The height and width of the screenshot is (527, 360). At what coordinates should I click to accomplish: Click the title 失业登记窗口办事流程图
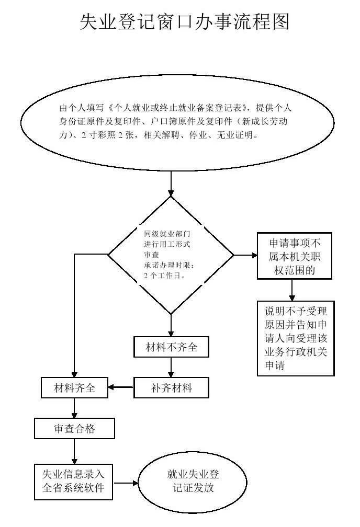pos(184,21)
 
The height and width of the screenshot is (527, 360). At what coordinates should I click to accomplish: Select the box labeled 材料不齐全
pos(171,347)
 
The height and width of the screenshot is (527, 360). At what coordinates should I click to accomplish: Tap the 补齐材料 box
pos(171,388)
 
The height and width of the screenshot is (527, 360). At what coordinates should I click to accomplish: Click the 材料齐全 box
pos(74,388)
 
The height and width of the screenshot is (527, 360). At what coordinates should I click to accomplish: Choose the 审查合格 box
pos(74,429)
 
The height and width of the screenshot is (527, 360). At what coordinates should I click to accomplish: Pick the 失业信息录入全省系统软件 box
pos(73,481)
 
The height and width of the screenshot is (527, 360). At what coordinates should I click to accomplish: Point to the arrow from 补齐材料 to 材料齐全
pos(121,388)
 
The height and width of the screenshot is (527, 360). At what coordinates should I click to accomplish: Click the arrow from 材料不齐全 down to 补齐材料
pos(171,368)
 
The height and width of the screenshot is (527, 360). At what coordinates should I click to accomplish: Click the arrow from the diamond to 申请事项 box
pos(246,255)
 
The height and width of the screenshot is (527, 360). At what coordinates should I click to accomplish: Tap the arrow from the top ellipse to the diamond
pos(171,184)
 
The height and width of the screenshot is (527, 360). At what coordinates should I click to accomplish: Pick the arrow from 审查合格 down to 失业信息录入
pos(74,451)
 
